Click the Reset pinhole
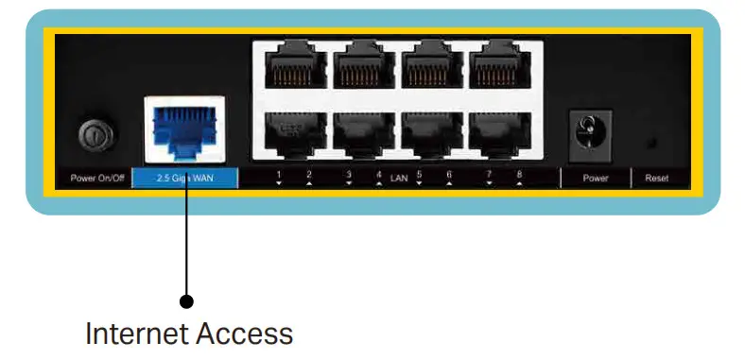[x=652, y=142]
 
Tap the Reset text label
[x=656, y=178]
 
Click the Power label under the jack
[x=595, y=178]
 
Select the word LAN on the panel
[x=398, y=177]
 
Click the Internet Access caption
[x=189, y=333]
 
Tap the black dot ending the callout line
[x=186, y=301]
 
